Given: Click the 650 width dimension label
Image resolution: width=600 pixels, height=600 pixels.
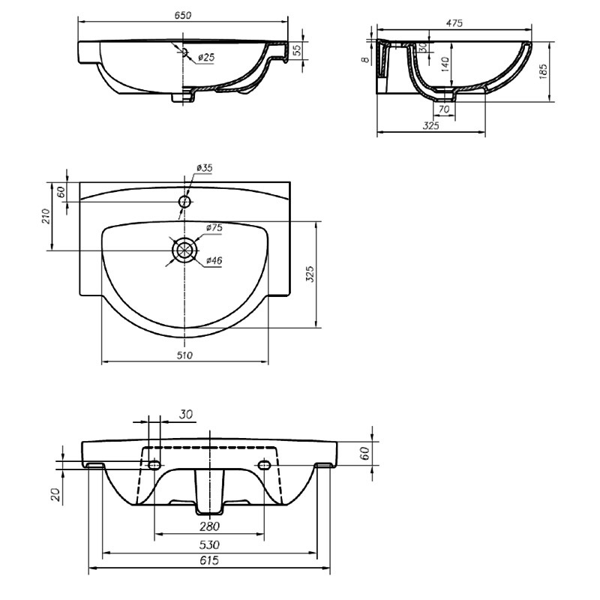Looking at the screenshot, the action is point(182,15).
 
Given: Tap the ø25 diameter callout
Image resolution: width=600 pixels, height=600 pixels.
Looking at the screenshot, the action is point(206,58).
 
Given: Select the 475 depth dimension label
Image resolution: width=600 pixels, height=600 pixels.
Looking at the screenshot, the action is point(454,23).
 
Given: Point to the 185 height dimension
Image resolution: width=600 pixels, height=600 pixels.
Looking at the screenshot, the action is point(543,71).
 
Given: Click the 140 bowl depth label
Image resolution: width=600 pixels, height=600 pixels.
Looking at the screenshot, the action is point(445,64).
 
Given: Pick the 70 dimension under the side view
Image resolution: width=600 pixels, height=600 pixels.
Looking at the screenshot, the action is point(444,109).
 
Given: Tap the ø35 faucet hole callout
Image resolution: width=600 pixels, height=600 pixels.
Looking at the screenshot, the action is point(204,167).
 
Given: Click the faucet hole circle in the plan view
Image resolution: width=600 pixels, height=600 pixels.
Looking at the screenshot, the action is point(184,201).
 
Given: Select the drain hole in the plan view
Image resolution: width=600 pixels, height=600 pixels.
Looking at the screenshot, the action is point(184,250).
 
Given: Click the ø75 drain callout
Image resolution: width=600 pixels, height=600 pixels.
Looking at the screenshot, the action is point(214,228).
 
